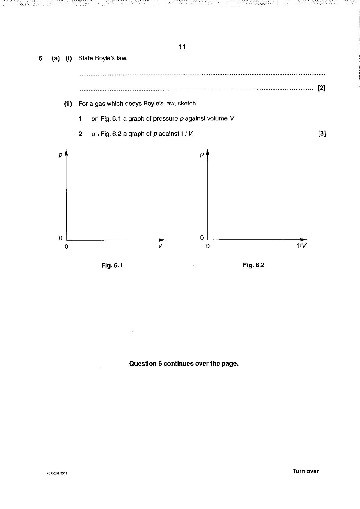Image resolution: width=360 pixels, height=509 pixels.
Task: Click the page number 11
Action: (x=182, y=47)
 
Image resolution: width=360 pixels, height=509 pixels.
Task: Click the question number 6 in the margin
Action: (x=40, y=58)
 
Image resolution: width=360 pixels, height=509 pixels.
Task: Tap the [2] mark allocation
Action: (x=322, y=88)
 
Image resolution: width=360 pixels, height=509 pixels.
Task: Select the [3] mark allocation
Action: (x=322, y=133)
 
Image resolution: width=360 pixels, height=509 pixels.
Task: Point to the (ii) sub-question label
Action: (x=68, y=104)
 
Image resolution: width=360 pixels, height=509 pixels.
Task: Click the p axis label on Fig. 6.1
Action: (x=60, y=155)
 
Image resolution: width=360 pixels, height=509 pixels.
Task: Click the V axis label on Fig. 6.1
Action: (x=160, y=246)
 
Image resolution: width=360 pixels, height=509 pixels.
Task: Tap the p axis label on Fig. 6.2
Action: (x=202, y=155)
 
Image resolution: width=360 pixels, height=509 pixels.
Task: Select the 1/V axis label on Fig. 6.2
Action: (x=301, y=246)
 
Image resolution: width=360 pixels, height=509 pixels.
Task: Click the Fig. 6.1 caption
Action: (x=112, y=265)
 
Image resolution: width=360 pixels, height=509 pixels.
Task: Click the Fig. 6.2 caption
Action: (x=254, y=265)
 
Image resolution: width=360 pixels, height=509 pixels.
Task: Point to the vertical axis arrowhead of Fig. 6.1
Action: (x=66, y=153)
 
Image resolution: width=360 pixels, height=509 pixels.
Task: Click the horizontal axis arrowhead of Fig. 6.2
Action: (x=303, y=240)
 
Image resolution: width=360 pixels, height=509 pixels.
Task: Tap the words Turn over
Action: (x=305, y=471)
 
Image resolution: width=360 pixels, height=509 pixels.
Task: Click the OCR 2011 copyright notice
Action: (x=57, y=473)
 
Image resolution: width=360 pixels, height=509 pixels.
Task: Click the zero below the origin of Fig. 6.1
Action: (x=66, y=247)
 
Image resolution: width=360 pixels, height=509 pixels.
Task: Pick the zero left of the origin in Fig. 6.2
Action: (x=202, y=238)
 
